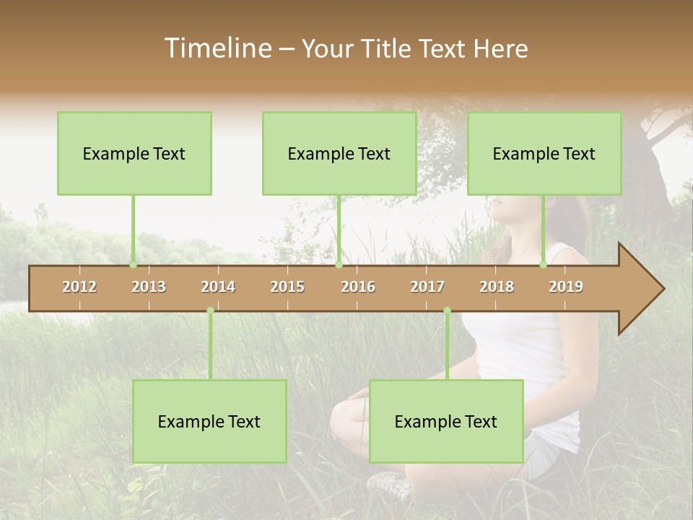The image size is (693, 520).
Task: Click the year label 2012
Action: click(79, 287)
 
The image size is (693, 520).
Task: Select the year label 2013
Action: click(149, 287)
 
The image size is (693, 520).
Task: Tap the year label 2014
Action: click(218, 287)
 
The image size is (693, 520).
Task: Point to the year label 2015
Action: click(287, 287)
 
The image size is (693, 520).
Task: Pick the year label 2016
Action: click(358, 287)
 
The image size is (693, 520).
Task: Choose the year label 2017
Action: click(427, 287)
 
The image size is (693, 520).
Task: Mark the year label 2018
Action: click(497, 287)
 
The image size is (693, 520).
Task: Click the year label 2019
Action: click(566, 287)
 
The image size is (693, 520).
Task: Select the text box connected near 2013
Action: click(134, 153)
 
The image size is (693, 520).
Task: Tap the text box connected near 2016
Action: click(339, 153)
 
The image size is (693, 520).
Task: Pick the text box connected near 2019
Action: click(544, 153)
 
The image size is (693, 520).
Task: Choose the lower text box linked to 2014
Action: click(209, 421)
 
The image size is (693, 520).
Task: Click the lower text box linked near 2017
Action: click(446, 421)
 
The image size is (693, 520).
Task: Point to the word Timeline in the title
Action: click(217, 48)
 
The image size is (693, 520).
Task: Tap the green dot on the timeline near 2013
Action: click(133, 265)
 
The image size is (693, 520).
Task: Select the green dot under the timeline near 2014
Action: click(210, 311)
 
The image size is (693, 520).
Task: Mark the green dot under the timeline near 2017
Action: click(447, 311)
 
